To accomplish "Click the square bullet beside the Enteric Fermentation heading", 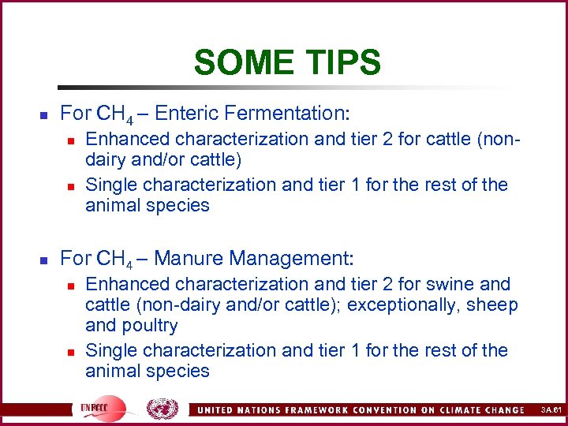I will coord(44,114).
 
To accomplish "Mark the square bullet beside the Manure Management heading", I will coord(44,260).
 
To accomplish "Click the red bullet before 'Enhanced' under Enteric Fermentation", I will coord(70,140).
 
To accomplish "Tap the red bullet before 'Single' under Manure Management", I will coord(70,351).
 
